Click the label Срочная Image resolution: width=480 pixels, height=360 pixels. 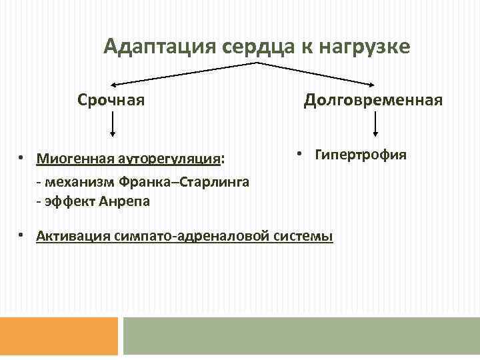111,101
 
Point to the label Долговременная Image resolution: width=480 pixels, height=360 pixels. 373,101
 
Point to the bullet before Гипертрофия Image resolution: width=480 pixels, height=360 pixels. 300,154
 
